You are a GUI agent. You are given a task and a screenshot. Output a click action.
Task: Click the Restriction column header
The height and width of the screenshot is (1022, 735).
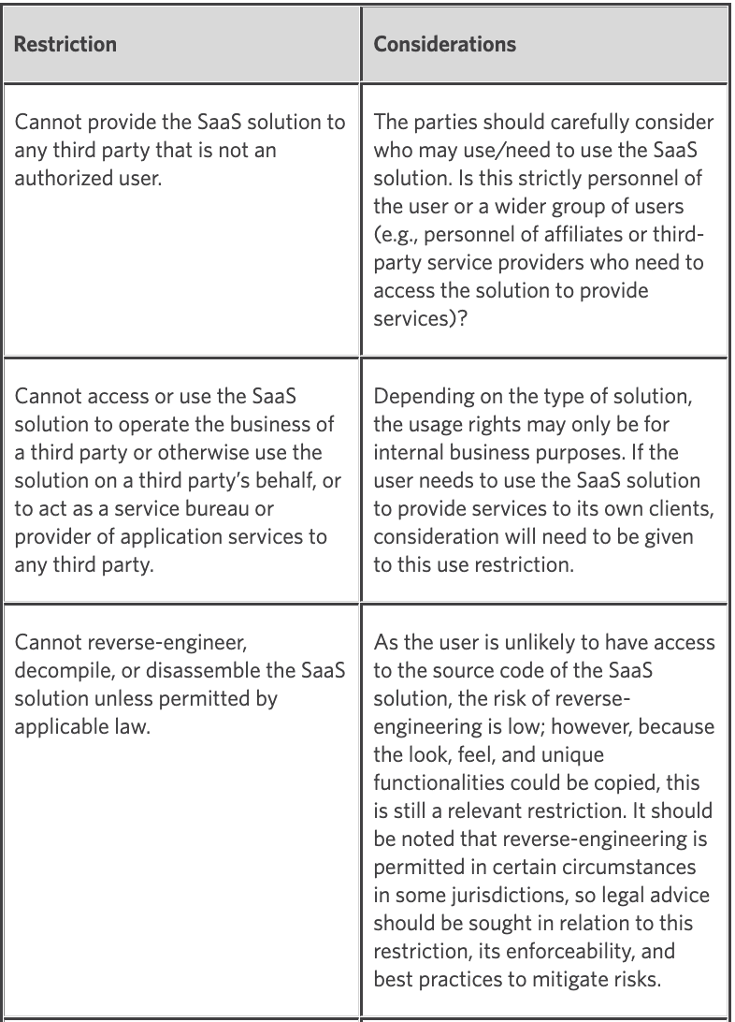pyautogui.click(x=64, y=44)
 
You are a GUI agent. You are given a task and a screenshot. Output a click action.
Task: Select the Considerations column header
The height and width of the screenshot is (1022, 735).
pyautogui.click(x=445, y=44)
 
